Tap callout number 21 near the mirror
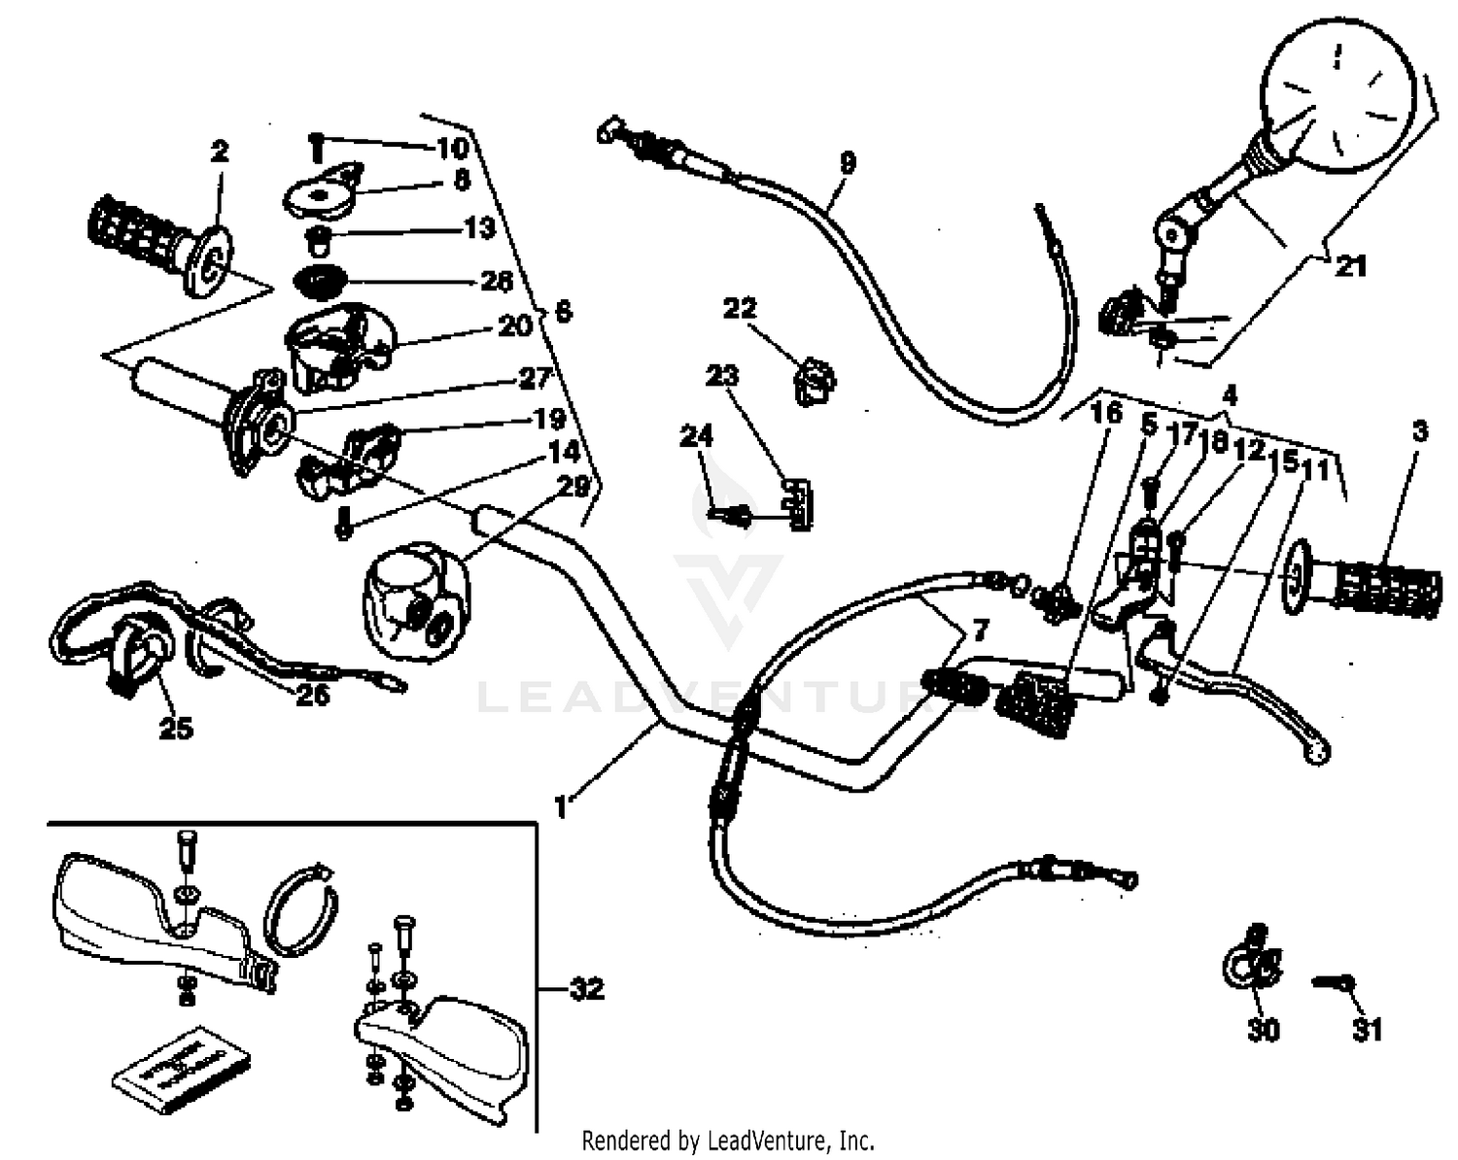1350,265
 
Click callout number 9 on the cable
848,162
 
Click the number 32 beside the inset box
586,990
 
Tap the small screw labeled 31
1332,983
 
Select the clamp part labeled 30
1251,963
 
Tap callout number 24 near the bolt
696,436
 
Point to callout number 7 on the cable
979,632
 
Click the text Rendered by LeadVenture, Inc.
728,1140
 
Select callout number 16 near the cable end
1106,414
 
